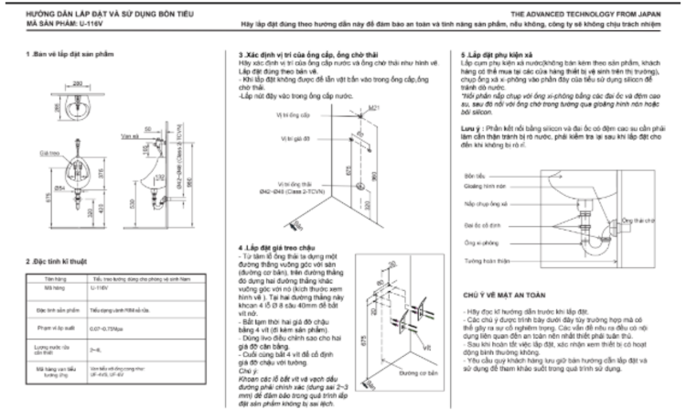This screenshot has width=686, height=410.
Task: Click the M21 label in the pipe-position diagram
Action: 373,107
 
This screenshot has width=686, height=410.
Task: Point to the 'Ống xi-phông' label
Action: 476,242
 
